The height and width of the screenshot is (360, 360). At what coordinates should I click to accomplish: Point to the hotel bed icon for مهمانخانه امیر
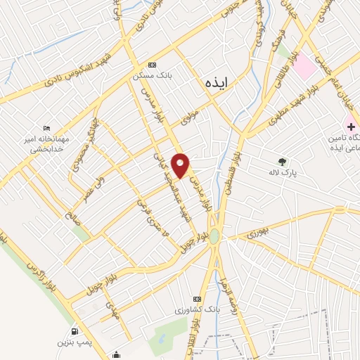click(x=46, y=128)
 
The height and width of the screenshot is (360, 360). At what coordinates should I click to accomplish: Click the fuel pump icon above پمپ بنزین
click(x=75, y=331)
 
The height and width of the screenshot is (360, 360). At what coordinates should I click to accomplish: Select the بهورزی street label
click(x=259, y=231)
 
